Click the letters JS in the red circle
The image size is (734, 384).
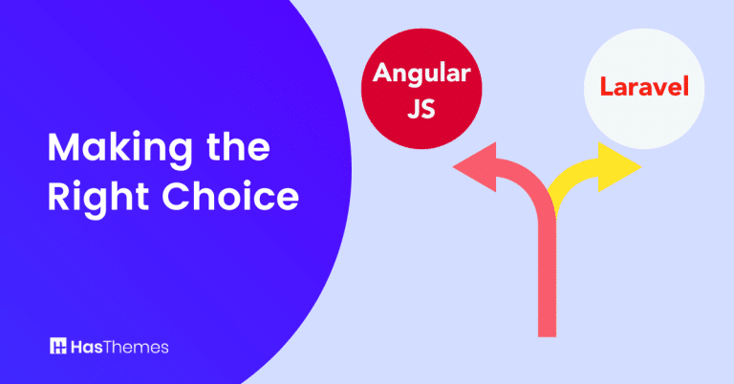click(412, 105)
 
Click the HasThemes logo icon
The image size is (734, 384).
click(58, 346)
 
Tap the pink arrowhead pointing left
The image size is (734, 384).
click(471, 170)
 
